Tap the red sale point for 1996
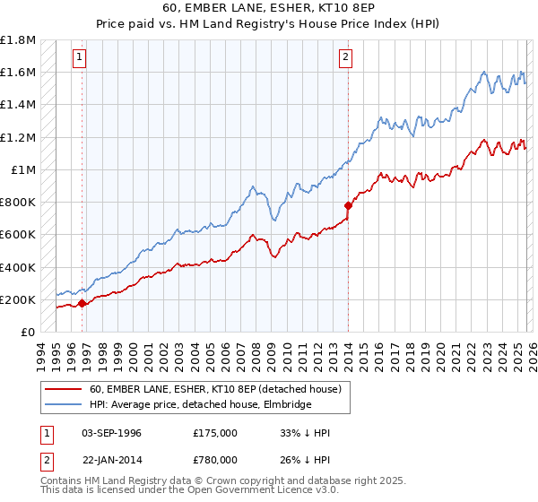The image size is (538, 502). (x=82, y=303)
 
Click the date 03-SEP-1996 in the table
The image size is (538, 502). (x=111, y=433)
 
